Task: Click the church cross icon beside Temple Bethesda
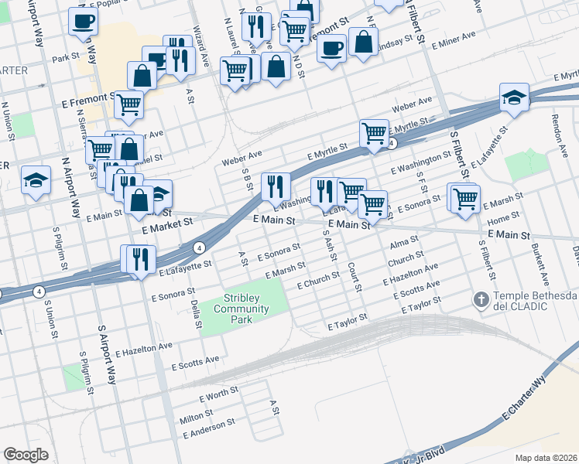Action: [x=481, y=299]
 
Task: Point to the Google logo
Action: [x=26, y=454]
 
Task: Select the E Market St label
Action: [x=166, y=225]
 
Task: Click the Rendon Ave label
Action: [x=555, y=130]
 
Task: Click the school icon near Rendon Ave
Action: [x=514, y=97]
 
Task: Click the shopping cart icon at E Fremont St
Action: [x=128, y=103]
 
